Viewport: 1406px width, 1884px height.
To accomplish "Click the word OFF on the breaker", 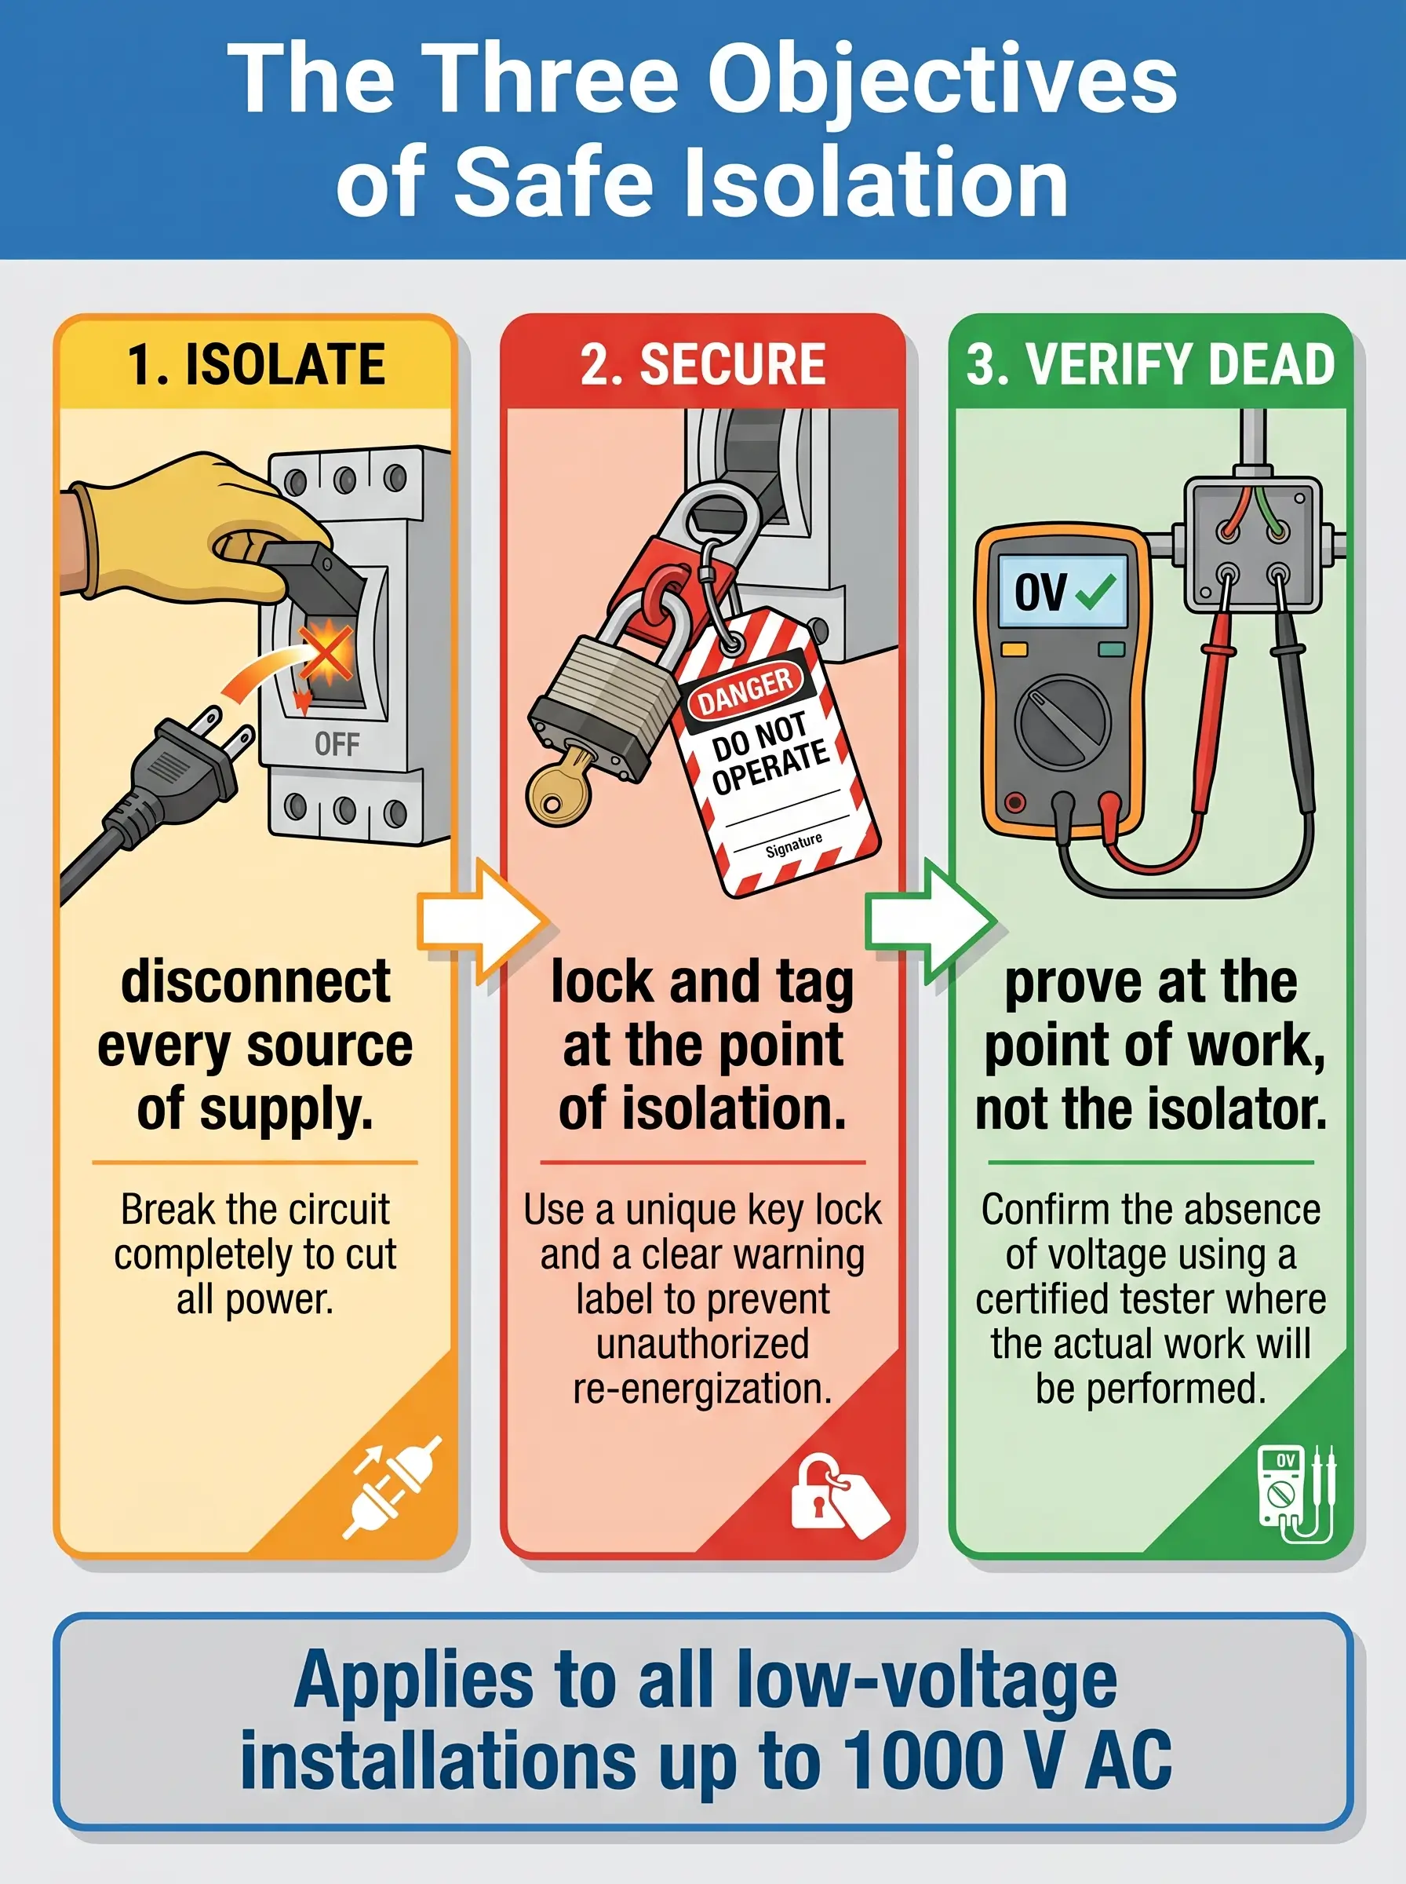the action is (337, 744).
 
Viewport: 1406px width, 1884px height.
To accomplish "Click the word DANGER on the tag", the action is (745, 688).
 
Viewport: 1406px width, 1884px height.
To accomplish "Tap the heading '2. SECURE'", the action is (703, 364).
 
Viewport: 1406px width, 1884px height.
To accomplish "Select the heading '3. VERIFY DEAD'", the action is (1151, 364).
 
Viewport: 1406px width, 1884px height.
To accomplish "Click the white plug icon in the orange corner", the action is (392, 1487).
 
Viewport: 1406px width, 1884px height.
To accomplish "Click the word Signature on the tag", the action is (793, 845).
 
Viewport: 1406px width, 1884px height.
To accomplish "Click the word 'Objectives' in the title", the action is (942, 81).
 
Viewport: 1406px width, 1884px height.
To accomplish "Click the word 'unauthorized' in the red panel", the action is (703, 1344).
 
